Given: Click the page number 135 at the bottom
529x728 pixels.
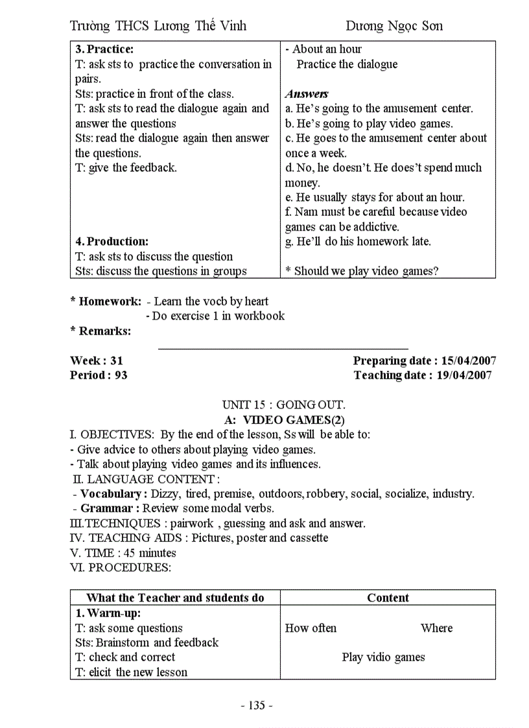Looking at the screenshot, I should [257, 705].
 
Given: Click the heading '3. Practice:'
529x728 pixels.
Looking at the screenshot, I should [104, 49].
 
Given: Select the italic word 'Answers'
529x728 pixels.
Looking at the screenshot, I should [307, 94].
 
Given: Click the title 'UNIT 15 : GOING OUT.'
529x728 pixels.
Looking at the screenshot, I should [283, 405].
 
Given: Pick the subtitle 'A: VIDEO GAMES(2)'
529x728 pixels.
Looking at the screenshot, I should [284, 419].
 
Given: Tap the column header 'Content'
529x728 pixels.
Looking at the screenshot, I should [388, 598].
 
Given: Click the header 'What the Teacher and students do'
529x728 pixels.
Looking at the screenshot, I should [175, 598].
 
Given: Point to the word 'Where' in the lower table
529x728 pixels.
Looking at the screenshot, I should [436, 628].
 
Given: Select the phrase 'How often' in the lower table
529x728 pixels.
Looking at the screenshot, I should [311, 628].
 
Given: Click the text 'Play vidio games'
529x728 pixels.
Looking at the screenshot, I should [383, 657].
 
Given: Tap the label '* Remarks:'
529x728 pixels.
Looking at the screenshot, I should [100, 331].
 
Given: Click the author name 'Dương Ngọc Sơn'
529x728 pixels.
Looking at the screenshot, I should [394, 26].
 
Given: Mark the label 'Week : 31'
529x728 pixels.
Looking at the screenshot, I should [97, 360].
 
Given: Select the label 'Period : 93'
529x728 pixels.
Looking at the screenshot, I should [99, 375].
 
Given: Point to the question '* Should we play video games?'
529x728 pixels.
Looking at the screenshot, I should [362, 271].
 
